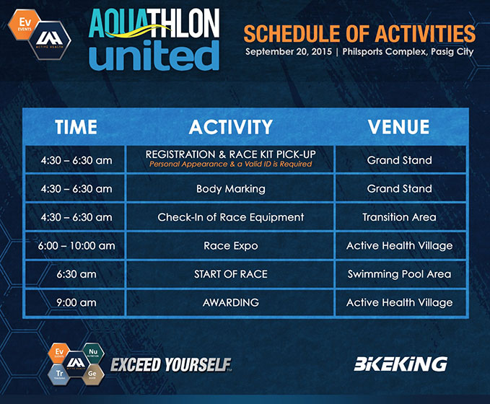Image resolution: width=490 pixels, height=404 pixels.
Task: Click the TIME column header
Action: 76,127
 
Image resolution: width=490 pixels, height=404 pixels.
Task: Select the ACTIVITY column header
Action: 231,127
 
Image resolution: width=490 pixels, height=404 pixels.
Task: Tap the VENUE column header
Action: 399,127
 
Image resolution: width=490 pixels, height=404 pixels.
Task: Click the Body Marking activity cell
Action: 231,189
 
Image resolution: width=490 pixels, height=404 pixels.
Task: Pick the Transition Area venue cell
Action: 399,217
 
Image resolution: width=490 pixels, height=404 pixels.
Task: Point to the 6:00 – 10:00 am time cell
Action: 76,245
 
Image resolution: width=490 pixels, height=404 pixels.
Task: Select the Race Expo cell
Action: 231,246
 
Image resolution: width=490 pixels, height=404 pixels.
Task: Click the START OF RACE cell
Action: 231,274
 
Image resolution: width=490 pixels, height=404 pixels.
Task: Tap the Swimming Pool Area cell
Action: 399,274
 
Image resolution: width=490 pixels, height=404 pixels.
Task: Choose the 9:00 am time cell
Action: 76,302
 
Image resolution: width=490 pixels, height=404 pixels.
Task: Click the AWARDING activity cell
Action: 231,302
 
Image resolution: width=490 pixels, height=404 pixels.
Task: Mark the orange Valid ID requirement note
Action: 231,164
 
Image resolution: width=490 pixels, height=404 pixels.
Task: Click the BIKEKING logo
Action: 401,364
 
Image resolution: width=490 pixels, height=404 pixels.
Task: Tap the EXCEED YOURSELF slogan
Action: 171,365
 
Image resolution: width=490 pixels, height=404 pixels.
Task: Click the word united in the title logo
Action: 154,56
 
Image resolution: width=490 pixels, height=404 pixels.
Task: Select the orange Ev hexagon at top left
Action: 25,25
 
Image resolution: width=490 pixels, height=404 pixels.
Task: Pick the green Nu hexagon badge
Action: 93,353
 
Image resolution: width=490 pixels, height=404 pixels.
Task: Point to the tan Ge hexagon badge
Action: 92,374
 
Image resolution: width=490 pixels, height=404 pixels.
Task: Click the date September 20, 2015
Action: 289,51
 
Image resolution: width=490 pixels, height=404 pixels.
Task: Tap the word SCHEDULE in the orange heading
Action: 292,34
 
